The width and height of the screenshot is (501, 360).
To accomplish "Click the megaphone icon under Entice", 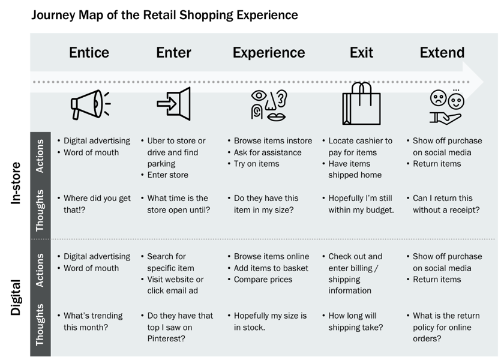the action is pos(91,104).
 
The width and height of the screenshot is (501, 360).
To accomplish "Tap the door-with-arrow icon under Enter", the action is pos(174,104).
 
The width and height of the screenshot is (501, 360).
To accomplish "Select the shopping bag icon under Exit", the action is pos(361,104).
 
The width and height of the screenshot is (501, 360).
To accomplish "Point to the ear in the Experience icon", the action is pos(282,98).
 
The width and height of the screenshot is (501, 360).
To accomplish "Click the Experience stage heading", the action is pos(269,53).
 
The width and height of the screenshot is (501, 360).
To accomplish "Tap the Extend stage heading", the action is pos(442,52).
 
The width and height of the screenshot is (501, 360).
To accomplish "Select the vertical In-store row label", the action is pos(16,183).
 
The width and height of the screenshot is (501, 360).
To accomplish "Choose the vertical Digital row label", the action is pos(16,298).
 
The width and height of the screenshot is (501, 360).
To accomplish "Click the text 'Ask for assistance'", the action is pos(268,152).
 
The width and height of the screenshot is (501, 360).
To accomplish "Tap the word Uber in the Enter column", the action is pos(157,140).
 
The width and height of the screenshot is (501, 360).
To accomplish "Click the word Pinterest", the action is pos(166,338).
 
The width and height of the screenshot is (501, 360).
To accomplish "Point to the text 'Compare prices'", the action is pos(263,280).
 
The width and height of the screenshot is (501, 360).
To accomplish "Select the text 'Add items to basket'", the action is pos(271,268).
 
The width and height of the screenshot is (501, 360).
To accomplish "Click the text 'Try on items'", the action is pos(256,164).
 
